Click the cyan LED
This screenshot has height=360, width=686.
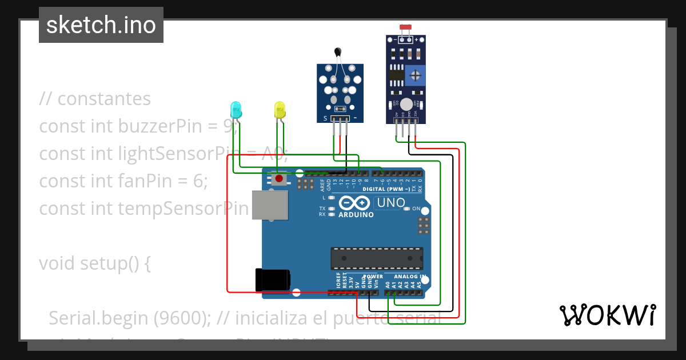point(235,109)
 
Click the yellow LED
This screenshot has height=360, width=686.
point(280,109)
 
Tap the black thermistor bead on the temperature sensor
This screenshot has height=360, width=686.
point(339,53)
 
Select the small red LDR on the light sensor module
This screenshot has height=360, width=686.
point(406,27)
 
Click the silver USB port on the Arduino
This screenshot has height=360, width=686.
point(270,205)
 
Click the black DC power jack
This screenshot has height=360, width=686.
point(273,279)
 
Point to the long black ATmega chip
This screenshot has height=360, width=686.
point(377,258)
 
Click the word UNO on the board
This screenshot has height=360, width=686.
point(391,203)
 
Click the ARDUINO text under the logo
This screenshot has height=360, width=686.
point(356,215)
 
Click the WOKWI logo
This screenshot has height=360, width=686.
point(607,315)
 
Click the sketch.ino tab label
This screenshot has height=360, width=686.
point(101,25)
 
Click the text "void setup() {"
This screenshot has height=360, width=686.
point(95,263)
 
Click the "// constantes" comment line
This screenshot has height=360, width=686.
point(95,98)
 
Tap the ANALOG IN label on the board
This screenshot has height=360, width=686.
point(411,277)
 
